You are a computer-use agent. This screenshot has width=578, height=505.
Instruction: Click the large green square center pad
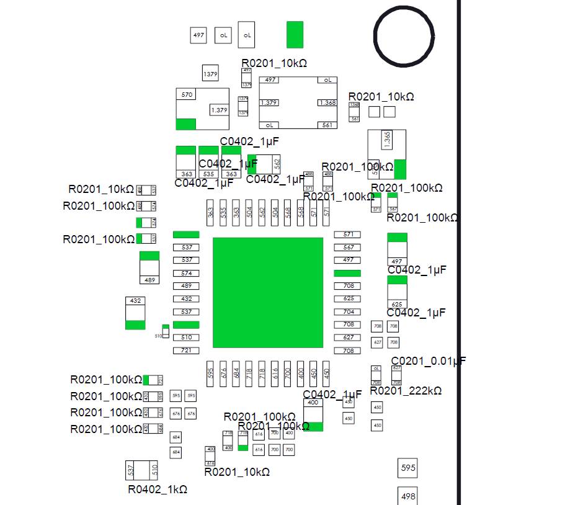tap(267, 292)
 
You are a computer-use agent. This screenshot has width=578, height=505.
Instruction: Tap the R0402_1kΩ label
tap(158, 489)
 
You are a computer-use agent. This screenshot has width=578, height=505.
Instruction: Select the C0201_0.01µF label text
tap(428, 361)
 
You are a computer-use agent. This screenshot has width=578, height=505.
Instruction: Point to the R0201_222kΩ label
tap(406, 391)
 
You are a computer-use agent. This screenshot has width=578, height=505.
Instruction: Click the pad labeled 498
tap(408, 496)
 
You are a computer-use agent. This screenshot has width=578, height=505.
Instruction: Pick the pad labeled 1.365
tap(387, 139)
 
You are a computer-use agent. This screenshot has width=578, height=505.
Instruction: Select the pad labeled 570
tap(186, 94)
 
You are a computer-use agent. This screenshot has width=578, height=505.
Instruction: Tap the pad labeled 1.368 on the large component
tap(327, 102)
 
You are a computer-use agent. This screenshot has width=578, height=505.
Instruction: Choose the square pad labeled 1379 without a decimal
tap(210, 74)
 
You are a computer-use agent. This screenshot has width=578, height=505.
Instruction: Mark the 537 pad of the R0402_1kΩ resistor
tap(131, 470)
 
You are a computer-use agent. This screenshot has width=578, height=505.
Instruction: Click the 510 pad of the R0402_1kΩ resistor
tap(154, 470)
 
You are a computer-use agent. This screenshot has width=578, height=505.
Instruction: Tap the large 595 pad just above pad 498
tap(408, 468)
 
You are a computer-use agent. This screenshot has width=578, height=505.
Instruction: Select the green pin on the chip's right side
tap(347, 273)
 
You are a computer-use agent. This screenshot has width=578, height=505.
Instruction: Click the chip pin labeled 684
tap(236, 374)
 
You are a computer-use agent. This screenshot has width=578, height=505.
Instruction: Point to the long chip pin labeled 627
tap(347, 337)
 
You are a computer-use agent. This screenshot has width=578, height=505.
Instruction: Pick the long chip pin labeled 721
tap(185, 351)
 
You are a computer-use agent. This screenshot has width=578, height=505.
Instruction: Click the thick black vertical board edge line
tap(460, 248)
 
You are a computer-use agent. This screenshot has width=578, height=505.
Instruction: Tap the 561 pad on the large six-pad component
tap(327, 125)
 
